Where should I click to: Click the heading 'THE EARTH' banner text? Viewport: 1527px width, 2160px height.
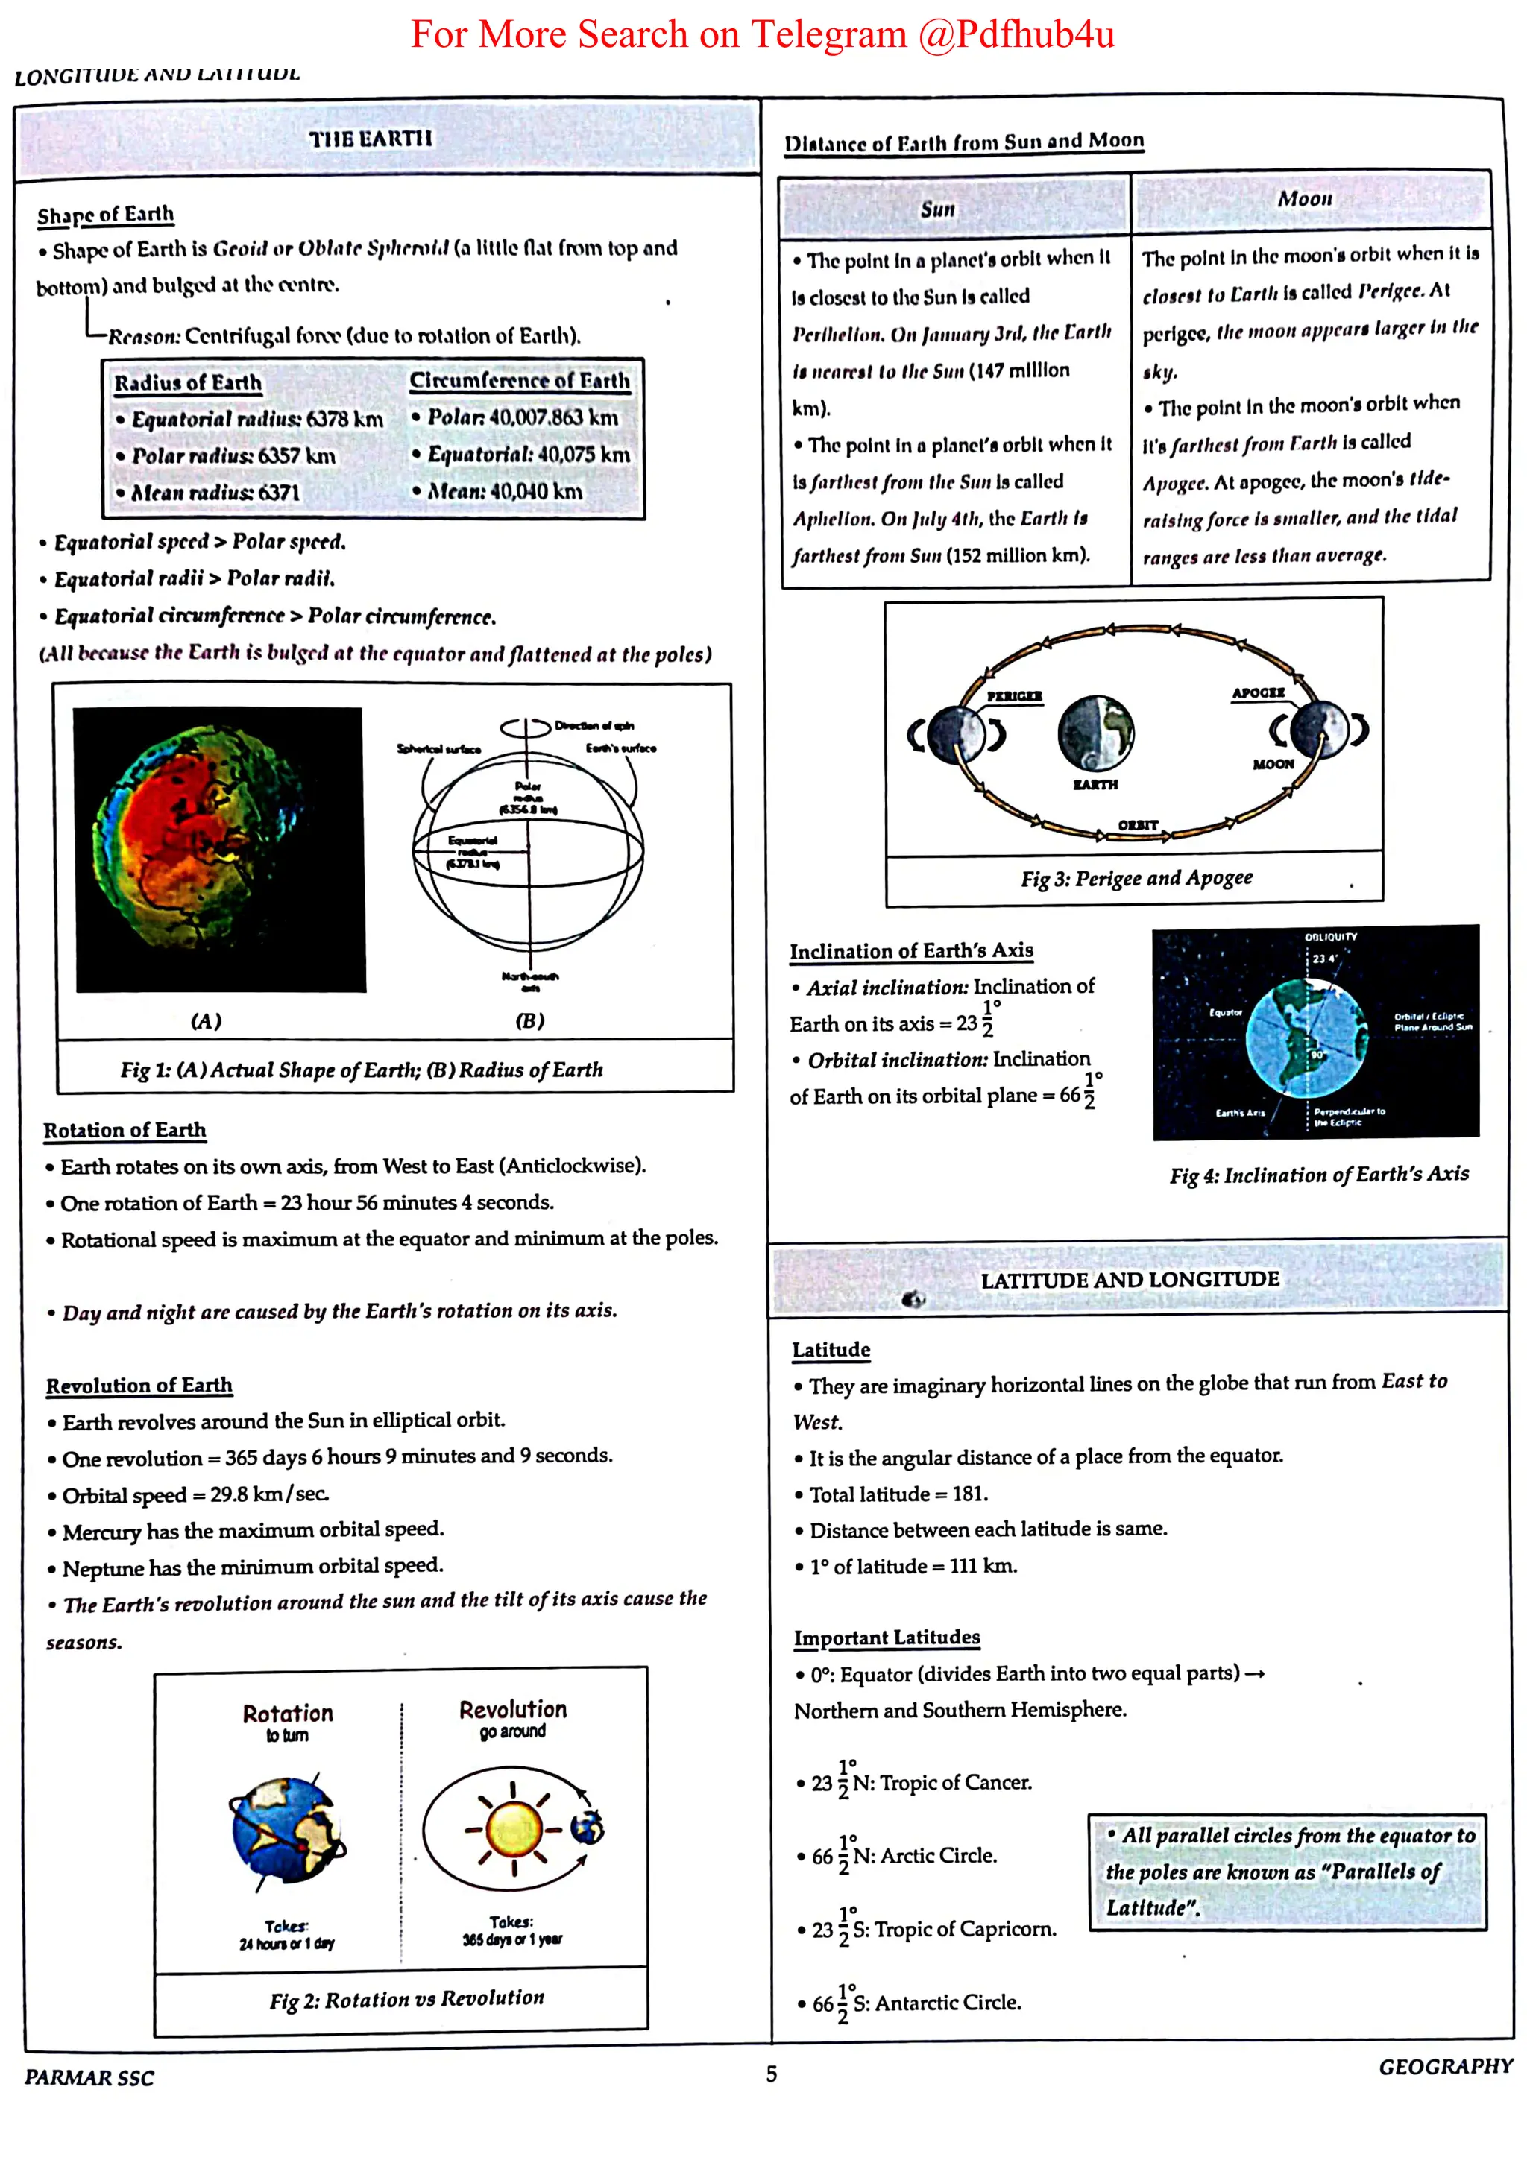[371, 139]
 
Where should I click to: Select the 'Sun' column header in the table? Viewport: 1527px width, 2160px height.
[937, 209]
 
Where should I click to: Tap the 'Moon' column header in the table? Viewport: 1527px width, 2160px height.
[1304, 198]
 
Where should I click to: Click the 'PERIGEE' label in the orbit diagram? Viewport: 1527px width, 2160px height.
[1014, 696]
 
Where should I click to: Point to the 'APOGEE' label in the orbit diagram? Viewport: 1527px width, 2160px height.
[1258, 693]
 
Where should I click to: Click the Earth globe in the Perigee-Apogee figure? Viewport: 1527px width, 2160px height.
[1096, 732]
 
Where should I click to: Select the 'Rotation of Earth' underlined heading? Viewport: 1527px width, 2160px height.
[125, 1130]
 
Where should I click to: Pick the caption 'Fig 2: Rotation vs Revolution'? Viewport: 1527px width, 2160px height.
[406, 1998]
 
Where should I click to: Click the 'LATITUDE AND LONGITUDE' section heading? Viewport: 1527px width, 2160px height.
[1129, 1280]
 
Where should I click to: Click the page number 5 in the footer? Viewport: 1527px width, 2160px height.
[772, 2074]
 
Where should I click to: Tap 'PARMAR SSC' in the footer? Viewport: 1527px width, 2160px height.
[89, 2077]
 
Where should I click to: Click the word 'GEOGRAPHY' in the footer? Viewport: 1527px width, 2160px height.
[1445, 2067]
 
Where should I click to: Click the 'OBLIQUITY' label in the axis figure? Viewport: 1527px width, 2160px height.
[1330, 937]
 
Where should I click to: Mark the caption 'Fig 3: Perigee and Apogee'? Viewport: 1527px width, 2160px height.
[1136, 879]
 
